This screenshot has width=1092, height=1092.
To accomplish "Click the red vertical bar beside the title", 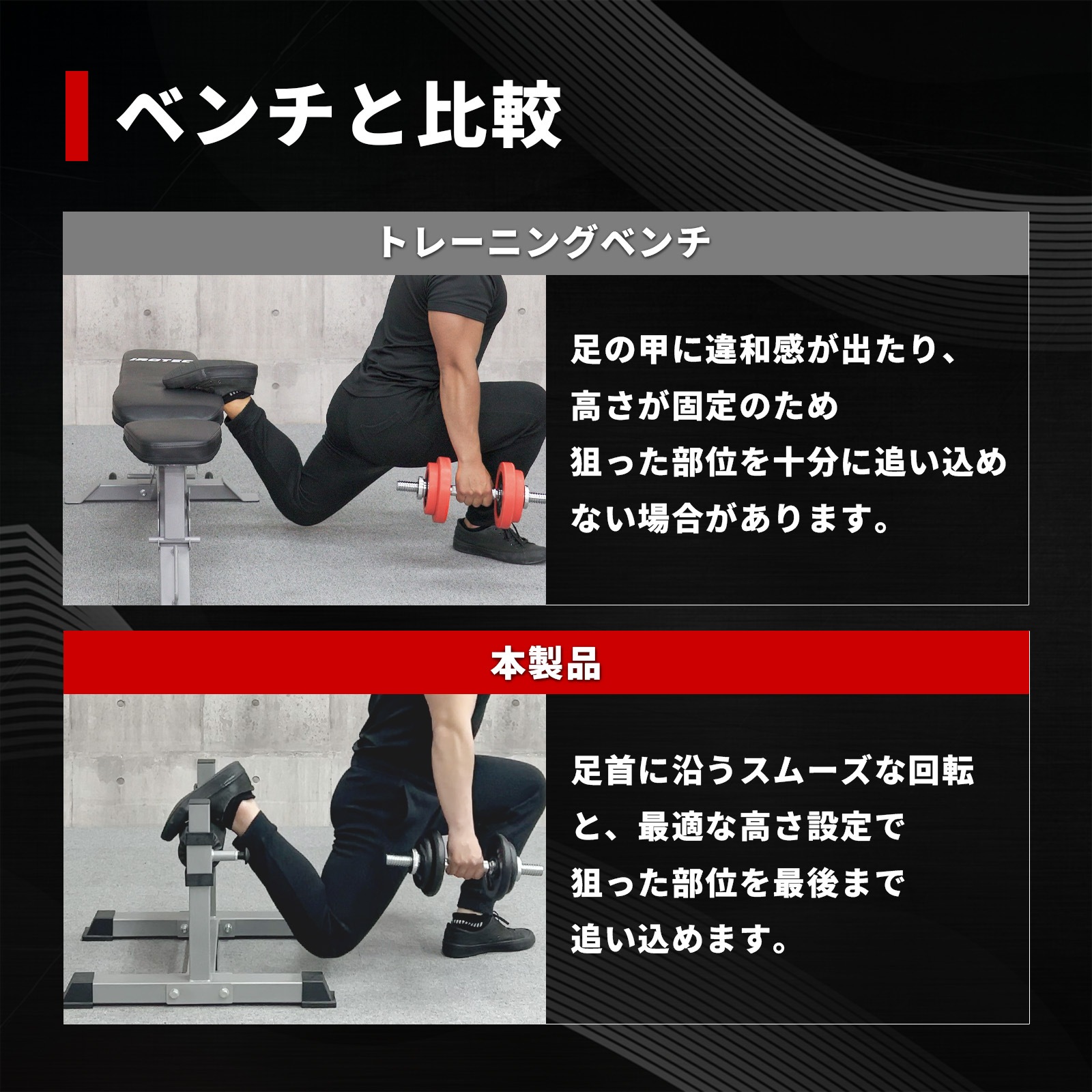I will [x=76, y=116].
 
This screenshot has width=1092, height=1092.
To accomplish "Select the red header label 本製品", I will [x=545, y=663].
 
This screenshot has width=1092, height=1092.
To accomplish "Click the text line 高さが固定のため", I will [x=704, y=407].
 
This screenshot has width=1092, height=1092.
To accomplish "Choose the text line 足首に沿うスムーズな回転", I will [x=773, y=771].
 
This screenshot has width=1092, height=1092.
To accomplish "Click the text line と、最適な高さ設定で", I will [x=737, y=828].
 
